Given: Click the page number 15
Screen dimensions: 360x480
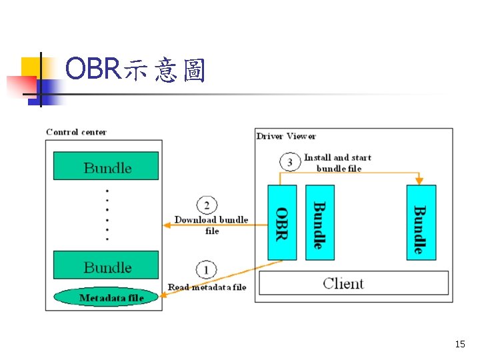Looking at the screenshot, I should click(459, 344).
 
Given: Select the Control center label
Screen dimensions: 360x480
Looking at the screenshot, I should click(76, 132).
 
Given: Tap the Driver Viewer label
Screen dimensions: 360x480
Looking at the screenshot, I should click(286, 136).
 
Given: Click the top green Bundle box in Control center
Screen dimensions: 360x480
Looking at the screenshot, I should click(106, 166).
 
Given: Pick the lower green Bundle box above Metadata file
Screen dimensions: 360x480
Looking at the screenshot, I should click(106, 265).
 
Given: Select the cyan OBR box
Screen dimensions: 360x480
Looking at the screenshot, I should click(281, 222).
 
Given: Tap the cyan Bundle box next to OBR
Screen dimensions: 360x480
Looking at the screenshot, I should click(319, 222).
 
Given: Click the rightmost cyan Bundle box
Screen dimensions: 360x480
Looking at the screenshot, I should click(421, 222).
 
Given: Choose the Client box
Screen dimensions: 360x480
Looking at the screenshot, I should click(353, 283).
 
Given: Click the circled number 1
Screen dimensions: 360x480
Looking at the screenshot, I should click(206, 270).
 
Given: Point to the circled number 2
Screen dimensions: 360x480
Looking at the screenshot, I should click(206, 205).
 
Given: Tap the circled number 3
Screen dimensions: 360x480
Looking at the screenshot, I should click(289, 162).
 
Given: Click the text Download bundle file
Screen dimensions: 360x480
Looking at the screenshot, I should click(211, 225).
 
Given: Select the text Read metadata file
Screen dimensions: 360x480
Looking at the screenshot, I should click(207, 287).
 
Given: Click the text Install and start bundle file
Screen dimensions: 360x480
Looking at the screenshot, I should click(337, 163).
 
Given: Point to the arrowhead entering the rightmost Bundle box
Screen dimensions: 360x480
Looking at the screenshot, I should click(419, 181).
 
